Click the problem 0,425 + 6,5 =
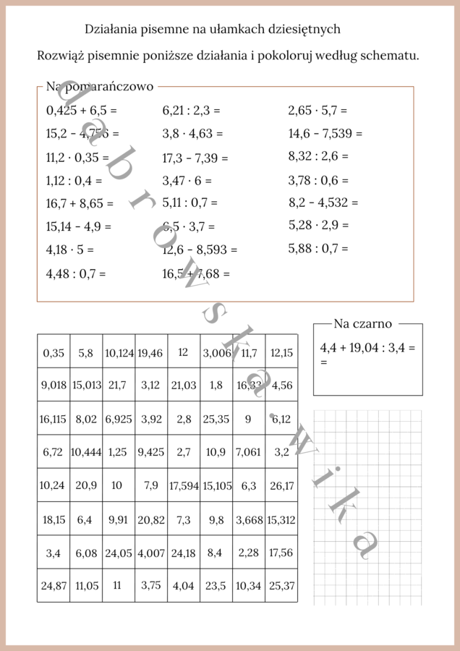click(81, 111)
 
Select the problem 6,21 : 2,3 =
click(191, 111)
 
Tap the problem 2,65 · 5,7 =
click(318, 111)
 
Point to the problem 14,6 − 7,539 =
click(325, 133)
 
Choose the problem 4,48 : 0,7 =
click(75, 273)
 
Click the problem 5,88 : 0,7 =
click(318, 248)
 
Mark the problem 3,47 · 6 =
click(187, 180)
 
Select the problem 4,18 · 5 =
click(69, 250)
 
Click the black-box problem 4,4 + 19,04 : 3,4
click(367, 348)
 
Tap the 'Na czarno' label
click(362, 324)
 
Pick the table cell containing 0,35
click(54, 352)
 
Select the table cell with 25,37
click(281, 585)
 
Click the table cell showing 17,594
click(184, 486)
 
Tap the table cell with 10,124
click(119, 352)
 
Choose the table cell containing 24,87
click(54, 585)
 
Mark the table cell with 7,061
click(248, 452)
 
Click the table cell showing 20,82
click(150, 519)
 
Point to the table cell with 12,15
click(281, 352)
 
